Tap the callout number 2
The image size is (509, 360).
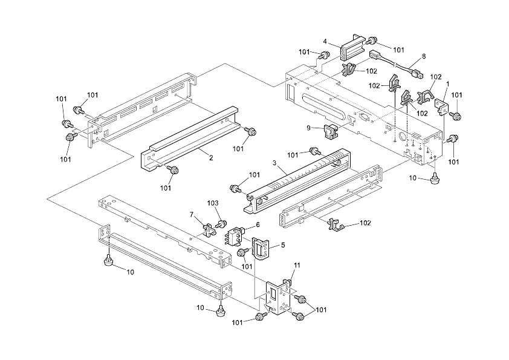tap(211, 158)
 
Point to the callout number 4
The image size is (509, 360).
tap(325, 42)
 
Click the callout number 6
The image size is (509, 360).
tap(258, 224)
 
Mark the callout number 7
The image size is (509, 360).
tap(192, 214)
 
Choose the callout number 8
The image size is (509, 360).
tap(424, 56)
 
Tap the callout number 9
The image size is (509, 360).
tap(308, 128)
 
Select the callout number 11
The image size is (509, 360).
tap(297, 266)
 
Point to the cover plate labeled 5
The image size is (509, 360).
tap(261, 248)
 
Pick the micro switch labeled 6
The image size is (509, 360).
tap(235, 235)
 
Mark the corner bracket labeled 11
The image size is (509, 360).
tap(278, 296)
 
